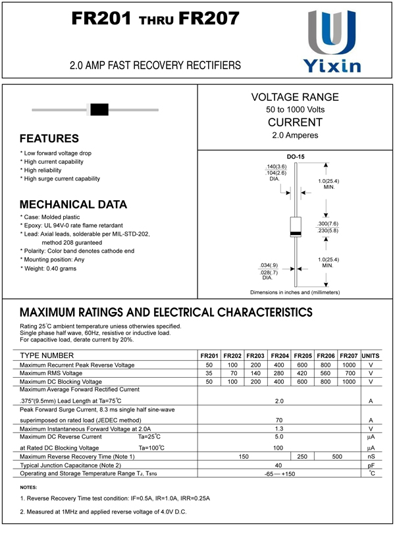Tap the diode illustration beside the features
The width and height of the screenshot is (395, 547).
point(99,109)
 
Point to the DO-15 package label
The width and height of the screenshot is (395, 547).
point(295,157)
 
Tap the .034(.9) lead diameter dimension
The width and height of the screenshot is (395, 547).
point(269,265)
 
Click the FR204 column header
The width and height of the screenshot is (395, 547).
point(280,355)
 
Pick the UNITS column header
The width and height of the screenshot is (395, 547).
point(371,355)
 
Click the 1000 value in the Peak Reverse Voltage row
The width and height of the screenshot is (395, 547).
point(349,365)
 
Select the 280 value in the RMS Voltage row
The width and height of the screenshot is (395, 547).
point(280,373)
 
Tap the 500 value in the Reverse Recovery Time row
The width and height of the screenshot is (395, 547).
point(337,456)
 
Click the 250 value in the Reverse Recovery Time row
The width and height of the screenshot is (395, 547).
point(303,456)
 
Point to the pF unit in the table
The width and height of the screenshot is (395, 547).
point(371,465)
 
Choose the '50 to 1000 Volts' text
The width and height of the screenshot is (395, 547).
point(295,109)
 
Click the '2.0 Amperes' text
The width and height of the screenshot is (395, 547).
point(295,136)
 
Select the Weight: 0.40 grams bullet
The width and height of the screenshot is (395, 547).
point(49,269)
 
